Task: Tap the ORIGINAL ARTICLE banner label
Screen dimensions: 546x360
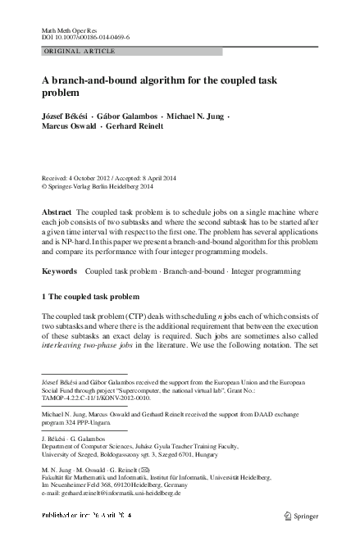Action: pyautogui.click(x=80, y=52)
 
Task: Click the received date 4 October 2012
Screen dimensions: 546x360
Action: pyautogui.click(x=97, y=176)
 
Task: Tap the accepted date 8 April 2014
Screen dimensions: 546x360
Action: pyautogui.click(x=182, y=176)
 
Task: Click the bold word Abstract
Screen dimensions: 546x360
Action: pyautogui.click(x=56, y=212)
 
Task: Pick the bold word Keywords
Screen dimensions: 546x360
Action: pyautogui.click(x=58, y=270)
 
